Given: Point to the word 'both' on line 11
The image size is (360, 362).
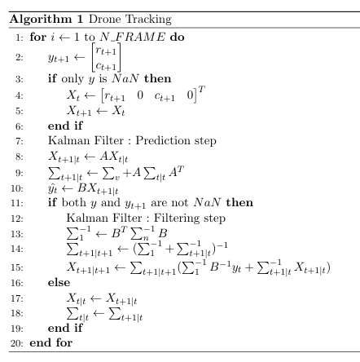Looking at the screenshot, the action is (x=73, y=202).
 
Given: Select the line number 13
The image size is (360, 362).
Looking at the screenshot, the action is (x=19, y=233).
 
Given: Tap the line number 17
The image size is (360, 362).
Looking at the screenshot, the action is (x=19, y=297).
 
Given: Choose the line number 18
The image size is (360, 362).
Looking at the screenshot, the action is (x=19, y=312).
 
